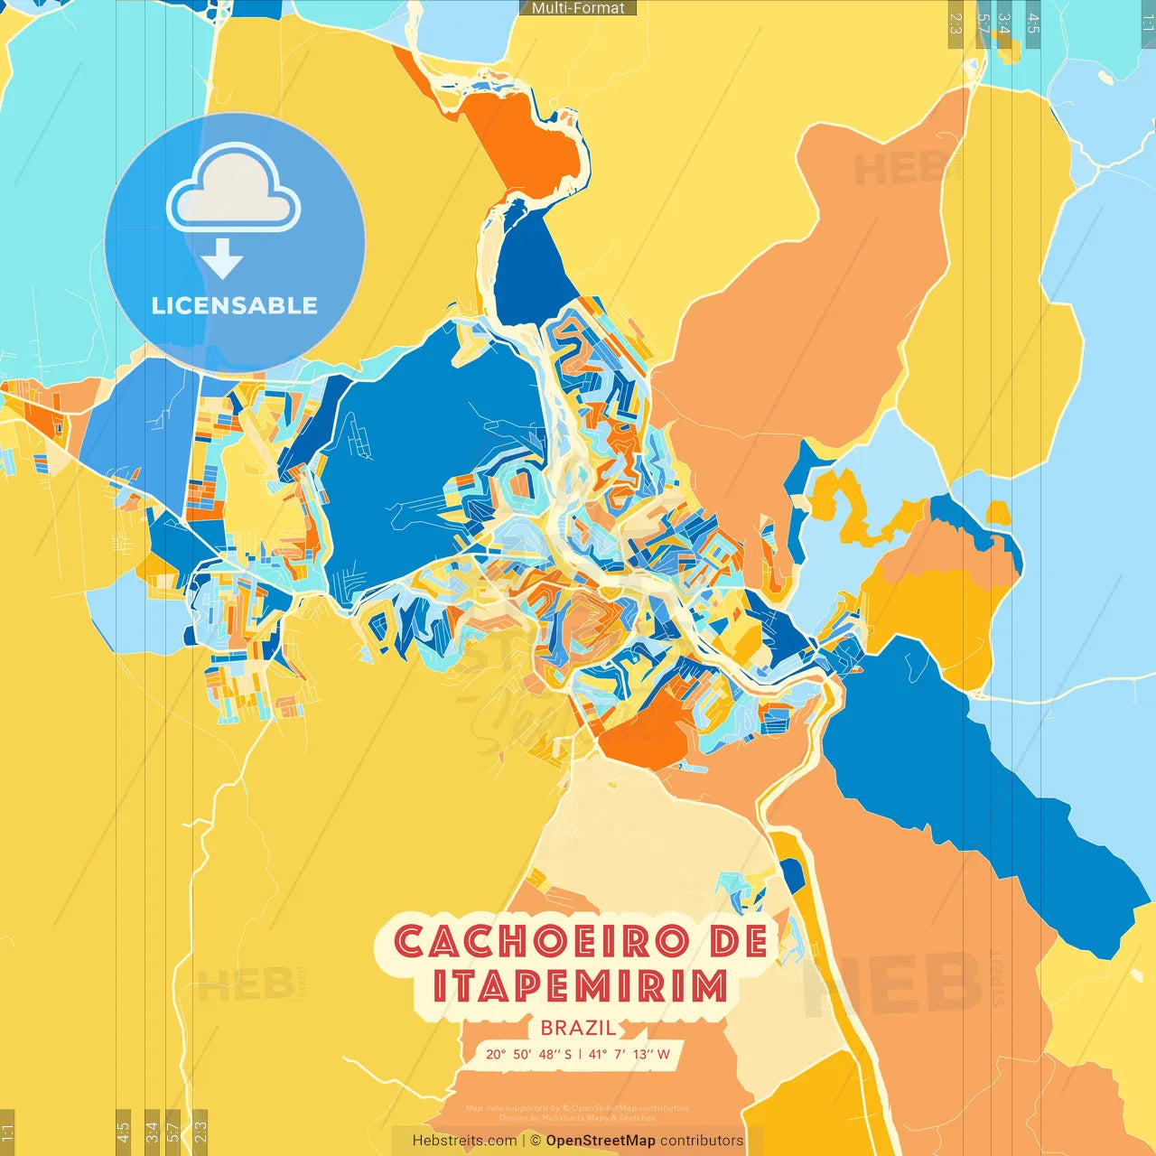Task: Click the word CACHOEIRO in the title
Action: tap(537, 942)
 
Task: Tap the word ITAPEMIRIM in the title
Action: tap(580, 986)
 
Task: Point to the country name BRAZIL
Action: tap(578, 1028)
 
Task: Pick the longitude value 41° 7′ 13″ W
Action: tap(629, 1054)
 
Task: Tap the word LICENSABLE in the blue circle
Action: tap(235, 305)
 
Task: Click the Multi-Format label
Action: tap(578, 8)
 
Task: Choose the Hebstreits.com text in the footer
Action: tap(464, 1141)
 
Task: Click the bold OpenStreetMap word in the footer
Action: tap(601, 1141)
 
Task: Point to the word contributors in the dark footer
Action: tap(702, 1141)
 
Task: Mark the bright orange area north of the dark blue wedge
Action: tap(524, 140)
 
